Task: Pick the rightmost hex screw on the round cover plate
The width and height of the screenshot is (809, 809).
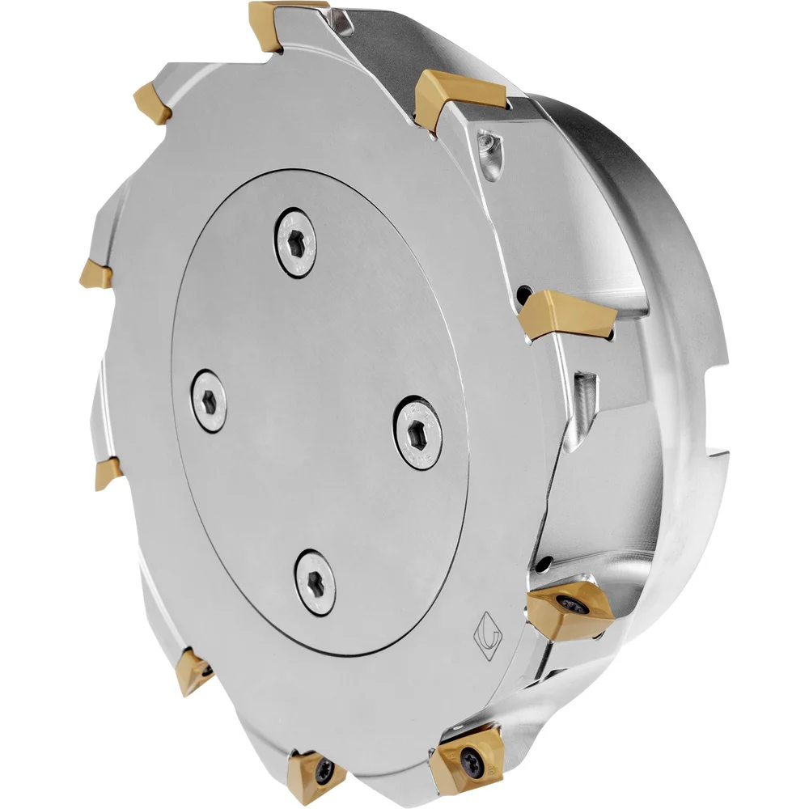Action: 419,432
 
